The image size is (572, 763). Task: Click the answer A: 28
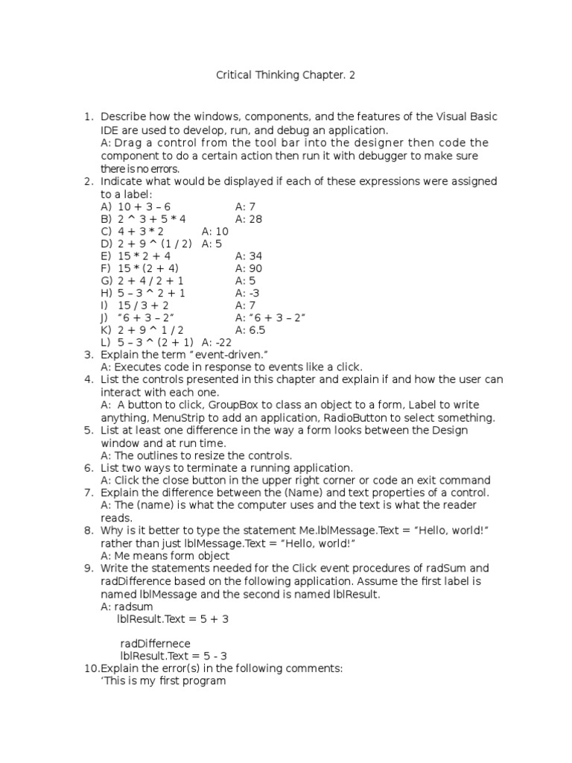[249, 219]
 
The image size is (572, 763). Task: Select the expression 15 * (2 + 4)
[147, 268]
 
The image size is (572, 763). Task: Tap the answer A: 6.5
[250, 330]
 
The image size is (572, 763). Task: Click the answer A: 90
[249, 268]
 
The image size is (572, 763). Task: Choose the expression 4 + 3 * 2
[141, 232]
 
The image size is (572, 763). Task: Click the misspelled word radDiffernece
[155, 644]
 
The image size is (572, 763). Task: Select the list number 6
[88, 468]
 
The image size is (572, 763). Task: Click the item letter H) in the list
[106, 293]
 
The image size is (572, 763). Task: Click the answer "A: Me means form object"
[165, 556]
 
